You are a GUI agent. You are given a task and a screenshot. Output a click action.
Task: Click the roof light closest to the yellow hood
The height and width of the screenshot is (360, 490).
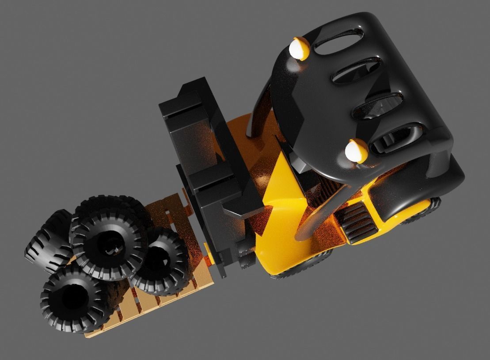[356, 150]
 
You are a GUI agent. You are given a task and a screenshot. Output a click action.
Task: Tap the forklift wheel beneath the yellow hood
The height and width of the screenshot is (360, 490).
[305, 265]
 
